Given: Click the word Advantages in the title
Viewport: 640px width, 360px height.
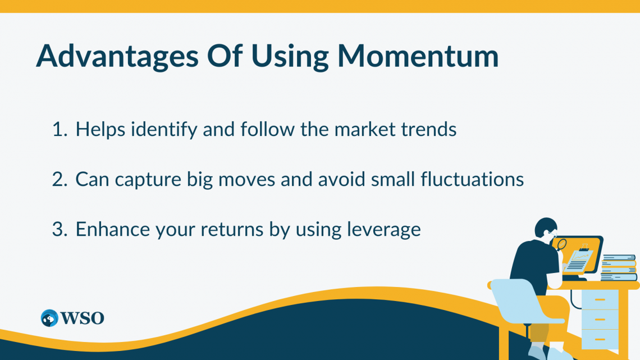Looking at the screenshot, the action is pos(117,56).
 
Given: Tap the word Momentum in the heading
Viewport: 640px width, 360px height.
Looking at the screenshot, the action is pos(418,56).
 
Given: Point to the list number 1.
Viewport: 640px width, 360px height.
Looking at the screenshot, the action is pos(60,129).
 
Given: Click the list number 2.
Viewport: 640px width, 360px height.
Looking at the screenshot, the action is pos(60,180).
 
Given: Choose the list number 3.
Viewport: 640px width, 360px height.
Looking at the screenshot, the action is pos(60,229).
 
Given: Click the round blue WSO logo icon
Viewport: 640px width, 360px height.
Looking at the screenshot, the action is pos(49,318).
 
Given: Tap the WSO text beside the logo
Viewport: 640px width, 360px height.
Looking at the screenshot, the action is pos(83,318).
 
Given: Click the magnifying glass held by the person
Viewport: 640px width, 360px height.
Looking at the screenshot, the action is pos(561,245).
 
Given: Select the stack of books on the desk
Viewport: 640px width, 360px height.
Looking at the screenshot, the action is pos(619,268).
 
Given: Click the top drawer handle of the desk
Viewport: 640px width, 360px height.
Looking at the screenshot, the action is pos(600,300).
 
